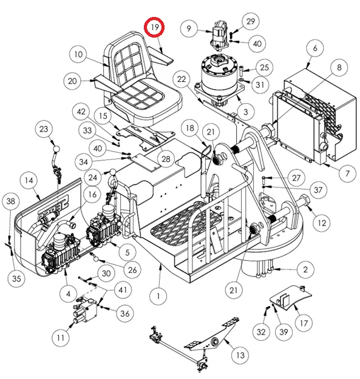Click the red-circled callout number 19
[154, 27]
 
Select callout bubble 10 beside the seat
[78, 54]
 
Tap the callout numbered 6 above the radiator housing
[314, 48]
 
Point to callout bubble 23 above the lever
[44, 129]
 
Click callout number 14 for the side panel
[29, 180]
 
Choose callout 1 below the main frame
[158, 296]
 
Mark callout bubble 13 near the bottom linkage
[240, 355]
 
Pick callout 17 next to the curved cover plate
[304, 323]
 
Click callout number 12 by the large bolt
[322, 223]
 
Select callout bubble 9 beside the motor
[189, 29]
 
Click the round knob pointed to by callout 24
[113, 173]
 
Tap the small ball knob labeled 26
[96, 259]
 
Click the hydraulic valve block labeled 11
[86, 310]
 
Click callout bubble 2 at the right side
[305, 269]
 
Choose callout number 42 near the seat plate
[81, 112]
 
